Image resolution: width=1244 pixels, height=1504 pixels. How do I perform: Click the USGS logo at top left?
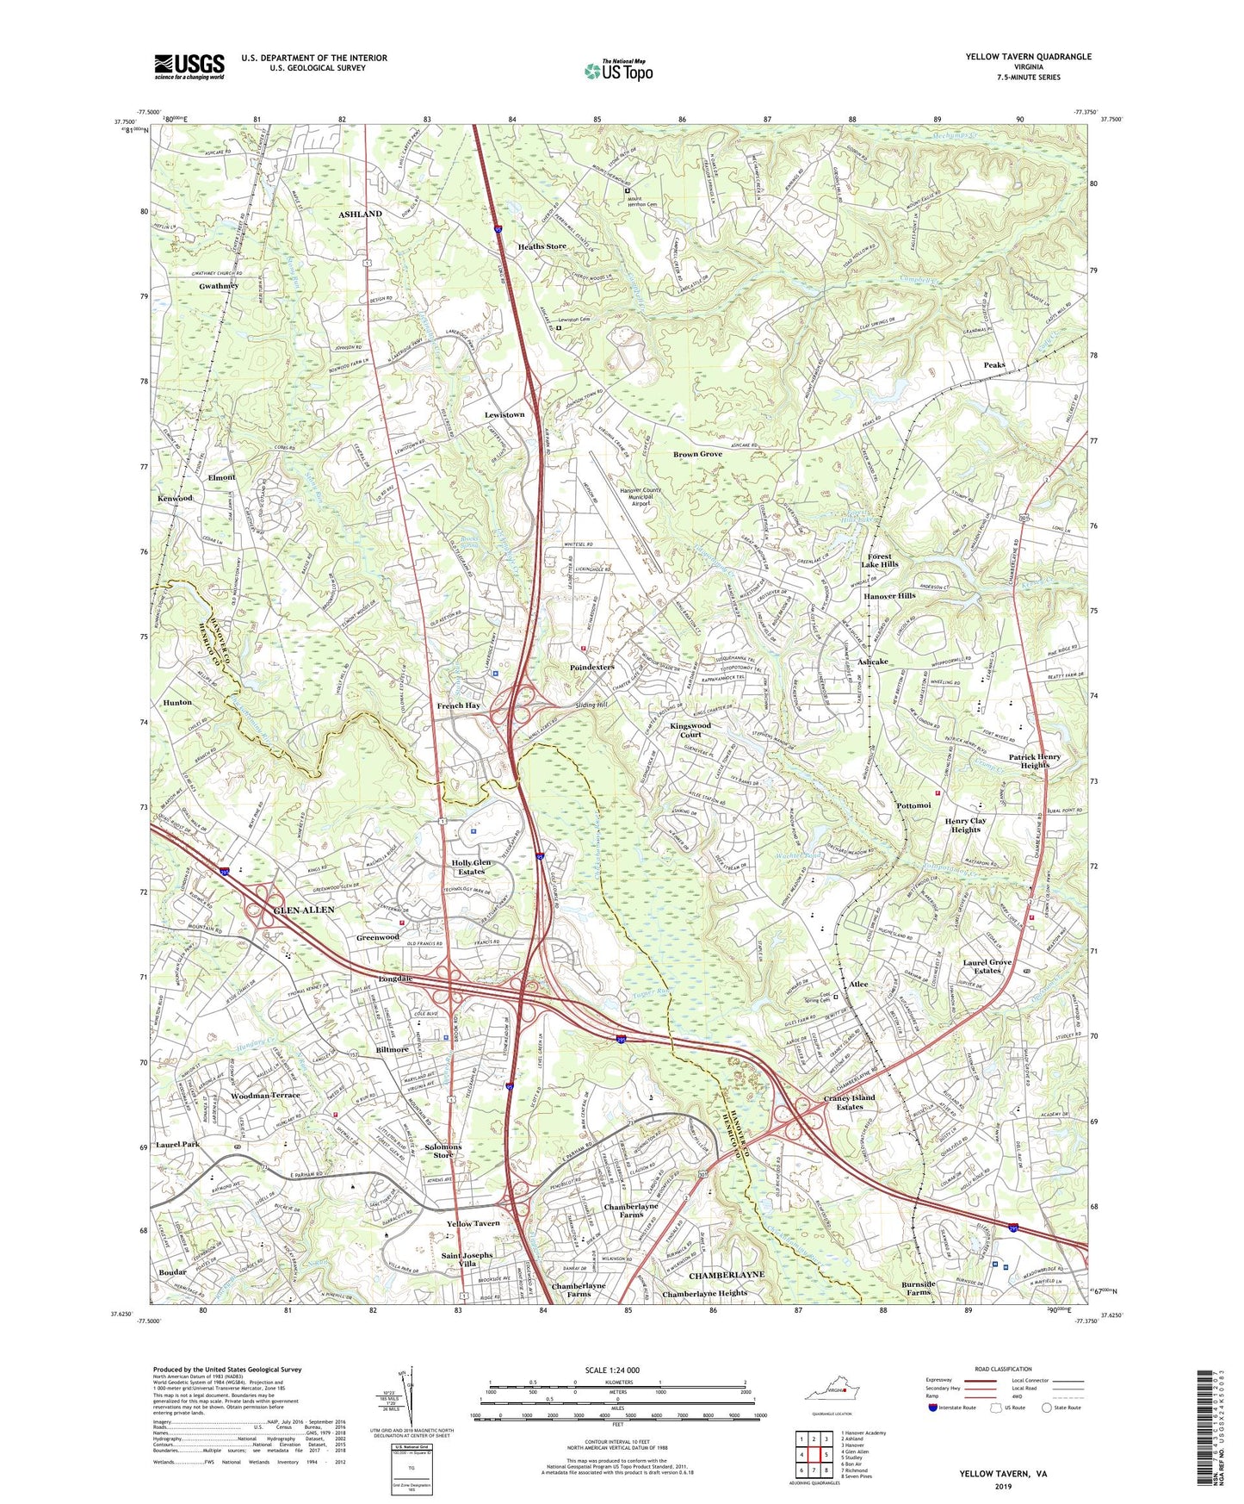(189, 65)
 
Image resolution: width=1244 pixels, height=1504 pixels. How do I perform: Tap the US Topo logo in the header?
(618, 70)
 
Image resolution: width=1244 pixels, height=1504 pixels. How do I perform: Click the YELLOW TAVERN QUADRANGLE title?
(1028, 57)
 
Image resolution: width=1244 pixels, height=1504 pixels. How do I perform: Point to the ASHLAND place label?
(360, 214)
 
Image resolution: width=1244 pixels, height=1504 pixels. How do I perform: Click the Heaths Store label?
(542, 246)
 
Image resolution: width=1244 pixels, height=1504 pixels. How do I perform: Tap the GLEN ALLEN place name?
(280, 910)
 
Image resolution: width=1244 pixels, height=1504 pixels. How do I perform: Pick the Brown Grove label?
(697, 454)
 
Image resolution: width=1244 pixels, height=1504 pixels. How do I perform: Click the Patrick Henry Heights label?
(1035, 761)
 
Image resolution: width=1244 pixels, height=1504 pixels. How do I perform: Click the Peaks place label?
(993, 365)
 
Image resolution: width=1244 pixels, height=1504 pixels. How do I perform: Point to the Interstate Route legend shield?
(933, 1408)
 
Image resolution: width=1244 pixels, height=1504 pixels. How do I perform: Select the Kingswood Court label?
(690, 730)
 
